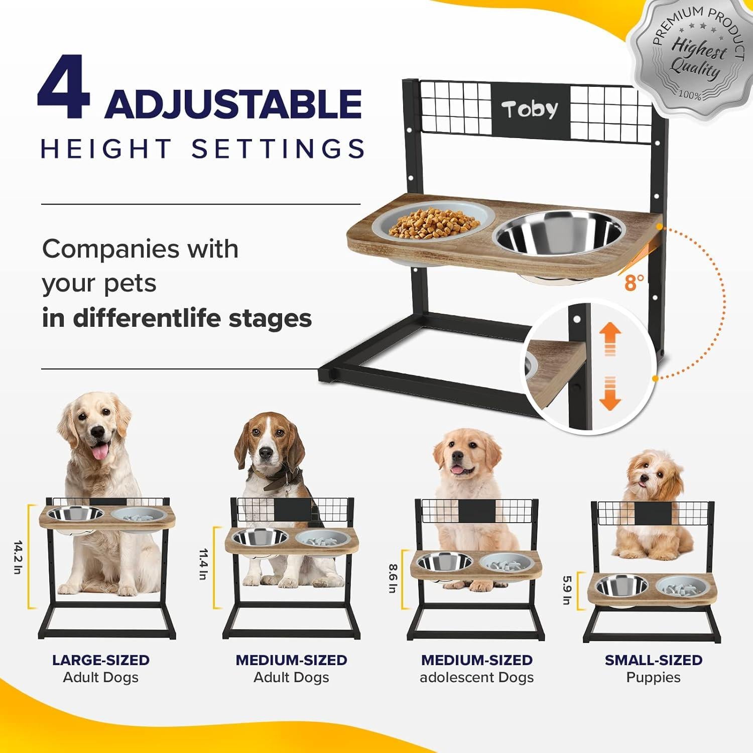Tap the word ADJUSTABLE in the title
[233, 104]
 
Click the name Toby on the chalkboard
[530, 109]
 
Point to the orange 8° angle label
[634, 283]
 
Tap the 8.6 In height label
[392, 578]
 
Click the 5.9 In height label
[567, 590]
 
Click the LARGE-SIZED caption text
[101, 660]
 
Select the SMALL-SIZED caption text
[653, 660]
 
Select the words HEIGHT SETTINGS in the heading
[202, 149]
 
